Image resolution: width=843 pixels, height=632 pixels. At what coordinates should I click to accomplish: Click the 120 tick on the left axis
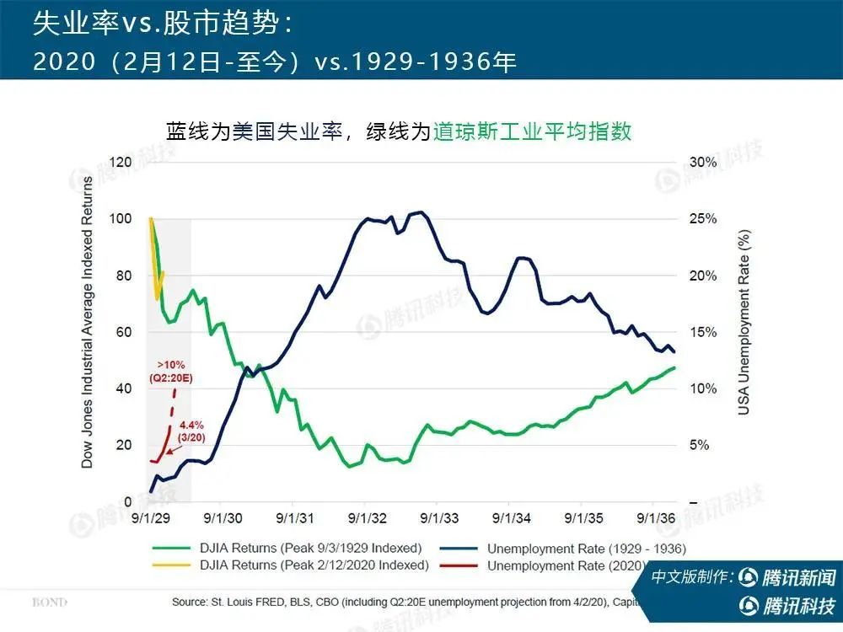click(x=123, y=162)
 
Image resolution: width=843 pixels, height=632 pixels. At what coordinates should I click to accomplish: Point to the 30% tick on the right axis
click(x=703, y=162)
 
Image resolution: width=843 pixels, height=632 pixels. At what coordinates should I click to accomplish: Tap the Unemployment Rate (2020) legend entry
click(x=566, y=565)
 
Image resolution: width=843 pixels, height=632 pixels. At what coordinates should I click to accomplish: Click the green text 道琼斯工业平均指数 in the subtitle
click(x=532, y=132)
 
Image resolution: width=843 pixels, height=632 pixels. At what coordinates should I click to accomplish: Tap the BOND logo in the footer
click(x=50, y=603)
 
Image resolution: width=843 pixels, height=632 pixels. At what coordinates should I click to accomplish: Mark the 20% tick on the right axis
click(x=703, y=276)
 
